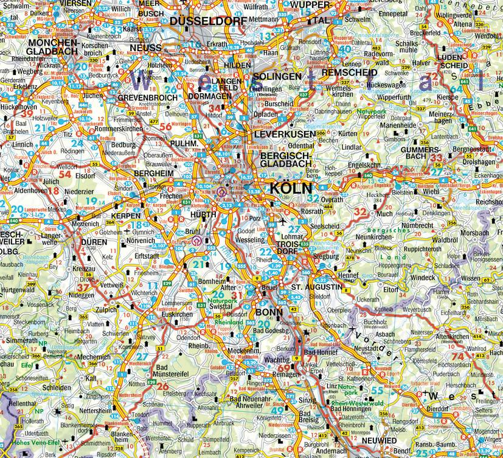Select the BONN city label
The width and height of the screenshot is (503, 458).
(269, 312)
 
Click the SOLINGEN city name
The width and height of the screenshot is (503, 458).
(277, 77)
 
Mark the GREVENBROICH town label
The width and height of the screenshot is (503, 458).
(146, 97)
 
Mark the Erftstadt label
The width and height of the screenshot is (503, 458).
(148, 256)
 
